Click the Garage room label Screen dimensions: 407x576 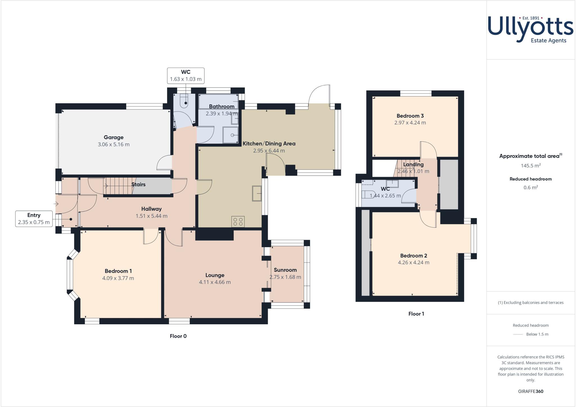click(114, 137)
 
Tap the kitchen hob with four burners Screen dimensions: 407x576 click(238, 222)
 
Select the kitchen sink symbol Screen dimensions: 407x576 click(257, 193)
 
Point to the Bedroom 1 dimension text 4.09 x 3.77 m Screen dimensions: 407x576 click(118, 278)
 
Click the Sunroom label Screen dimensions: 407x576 click(285, 270)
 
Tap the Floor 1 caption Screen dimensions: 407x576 click(416, 314)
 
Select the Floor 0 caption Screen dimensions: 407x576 click(178, 336)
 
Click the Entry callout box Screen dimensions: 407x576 click(34, 219)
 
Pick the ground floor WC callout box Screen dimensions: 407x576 click(186, 76)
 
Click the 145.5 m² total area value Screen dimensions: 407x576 click(531, 166)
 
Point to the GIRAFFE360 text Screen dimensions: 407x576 click(531, 391)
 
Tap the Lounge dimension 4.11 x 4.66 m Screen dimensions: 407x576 click(215, 282)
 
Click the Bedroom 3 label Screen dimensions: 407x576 click(410, 116)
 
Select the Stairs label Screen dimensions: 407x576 click(138, 184)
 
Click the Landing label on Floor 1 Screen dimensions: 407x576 click(413, 164)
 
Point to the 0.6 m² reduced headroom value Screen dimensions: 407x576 click(531, 188)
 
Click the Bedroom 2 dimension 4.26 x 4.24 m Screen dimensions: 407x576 click(413, 263)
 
